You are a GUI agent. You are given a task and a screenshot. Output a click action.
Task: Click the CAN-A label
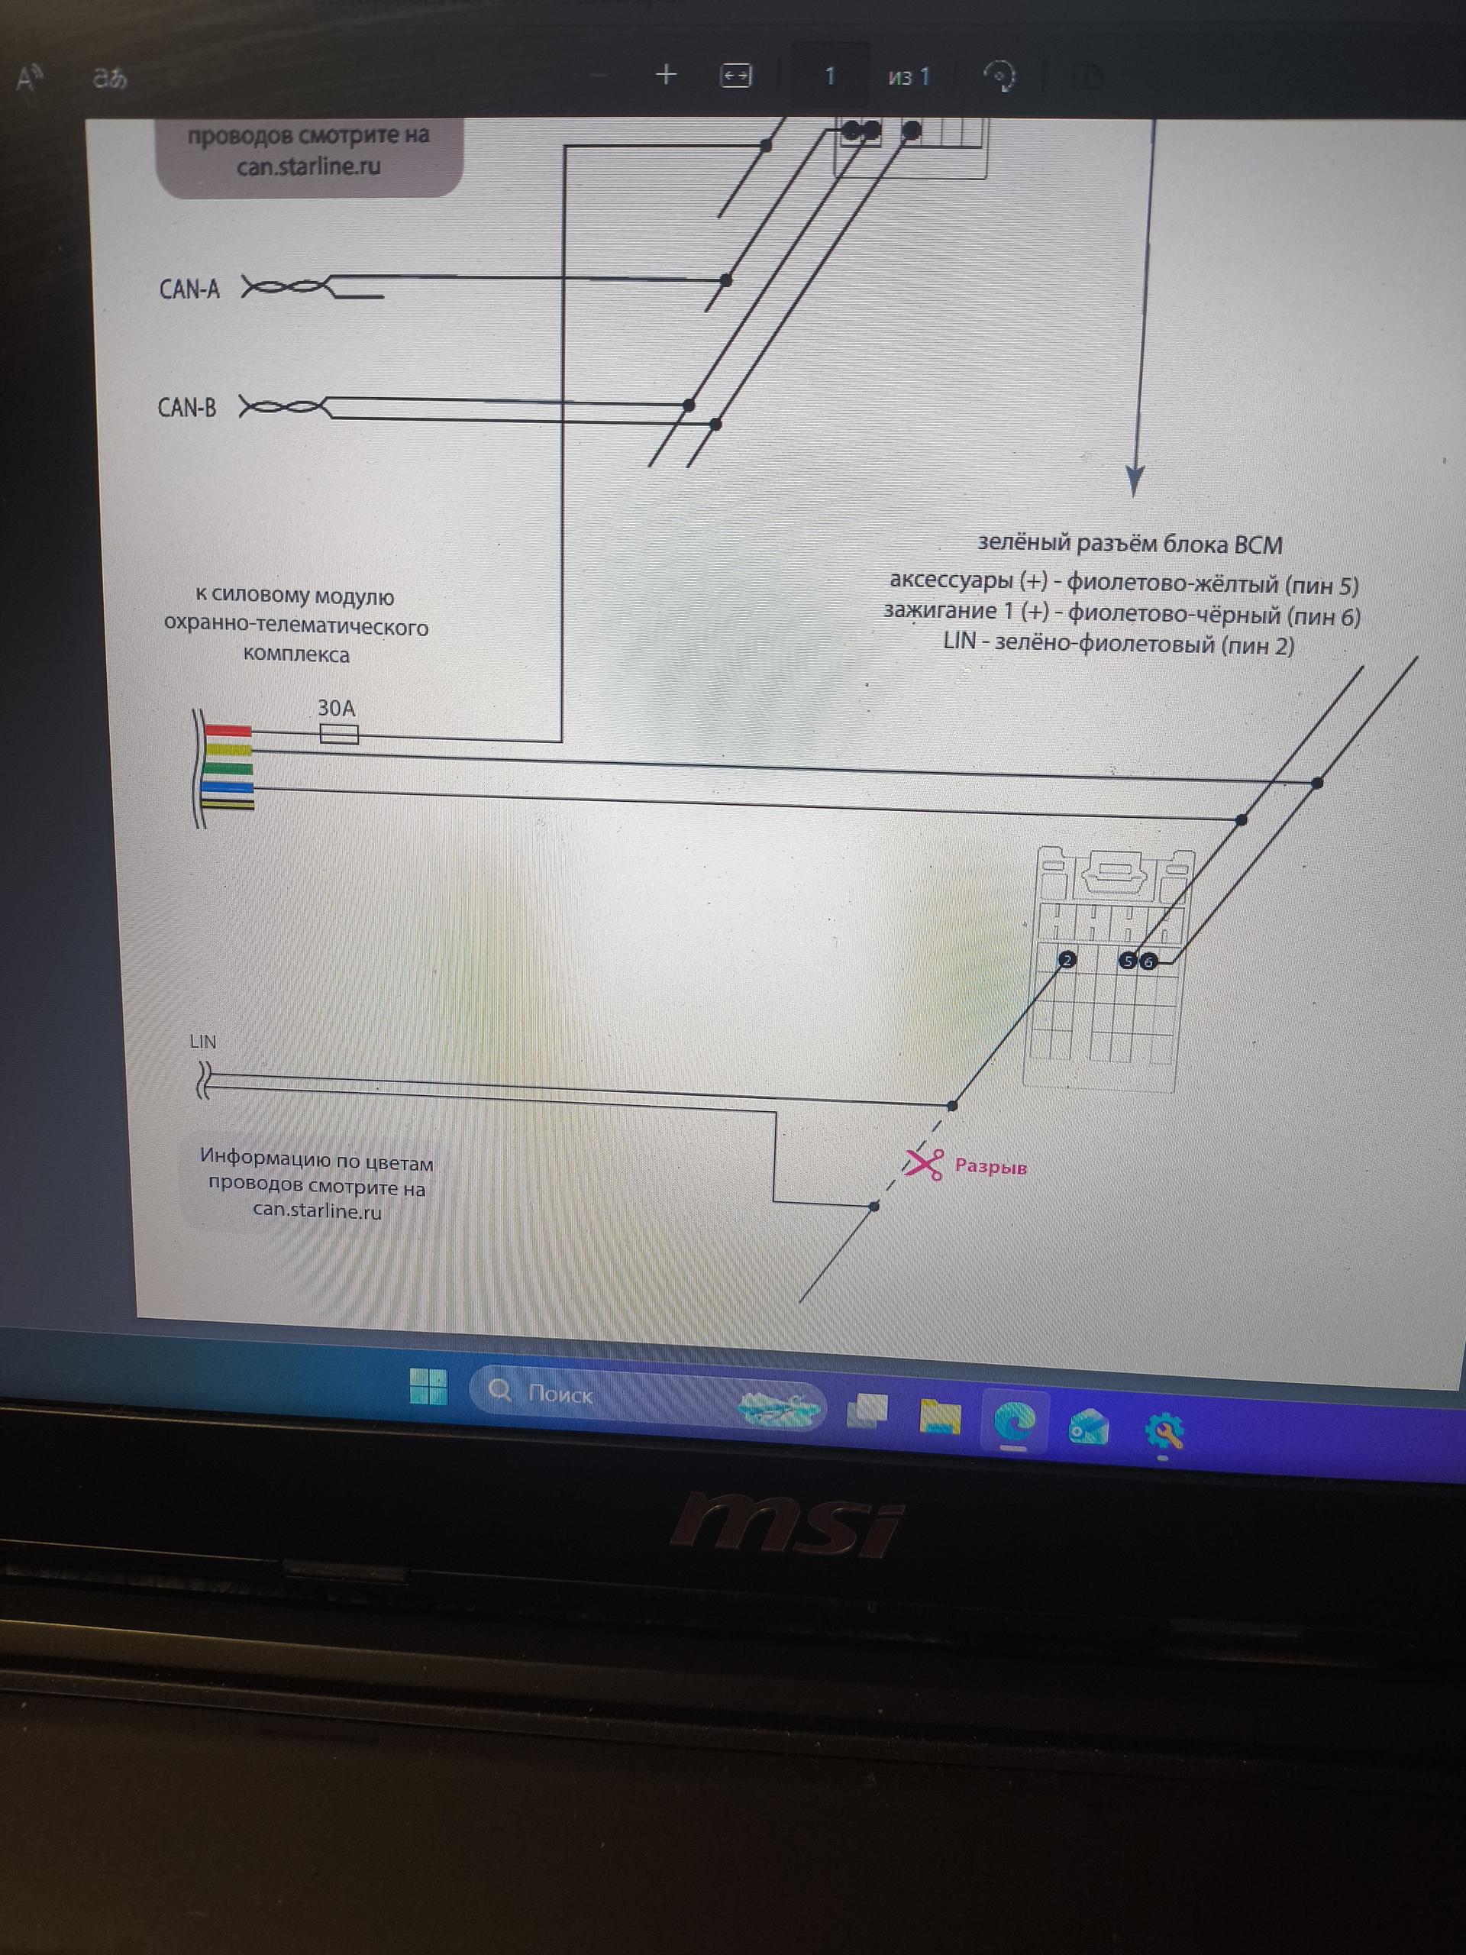[189, 289]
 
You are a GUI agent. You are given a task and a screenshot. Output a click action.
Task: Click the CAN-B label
[186, 408]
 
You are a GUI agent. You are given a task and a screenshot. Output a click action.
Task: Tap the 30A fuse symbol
[338, 734]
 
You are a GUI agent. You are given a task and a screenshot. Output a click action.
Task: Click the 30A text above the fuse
[336, 708]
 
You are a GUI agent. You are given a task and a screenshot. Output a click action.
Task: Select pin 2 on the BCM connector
[1067, 960]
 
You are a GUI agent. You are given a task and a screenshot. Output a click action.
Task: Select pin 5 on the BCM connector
[1127, 961]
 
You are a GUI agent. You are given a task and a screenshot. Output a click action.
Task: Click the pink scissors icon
[923, 1163]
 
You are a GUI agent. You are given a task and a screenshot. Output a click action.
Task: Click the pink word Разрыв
[990, 1167]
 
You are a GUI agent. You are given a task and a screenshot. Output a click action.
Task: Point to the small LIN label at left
[202, 1041]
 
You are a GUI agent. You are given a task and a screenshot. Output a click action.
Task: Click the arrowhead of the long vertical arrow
[1135, 481]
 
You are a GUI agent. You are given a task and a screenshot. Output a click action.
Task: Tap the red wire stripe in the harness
[228, 731]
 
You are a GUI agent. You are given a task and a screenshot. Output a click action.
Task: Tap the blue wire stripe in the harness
[228, 787]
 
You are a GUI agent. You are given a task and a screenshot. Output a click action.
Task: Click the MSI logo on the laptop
[786, 1524]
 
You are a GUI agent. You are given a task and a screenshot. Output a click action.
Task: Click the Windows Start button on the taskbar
[428, 1386]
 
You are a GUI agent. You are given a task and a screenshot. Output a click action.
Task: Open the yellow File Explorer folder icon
[940, 1416]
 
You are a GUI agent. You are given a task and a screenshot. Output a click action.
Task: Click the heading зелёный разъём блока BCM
[1129, 544]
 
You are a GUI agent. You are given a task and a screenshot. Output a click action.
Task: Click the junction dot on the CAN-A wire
[725, 280]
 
